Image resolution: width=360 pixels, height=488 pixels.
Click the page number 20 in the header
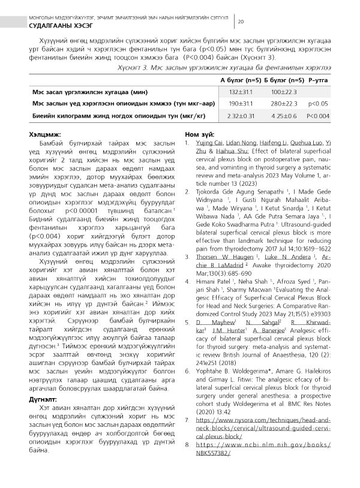[241, 22]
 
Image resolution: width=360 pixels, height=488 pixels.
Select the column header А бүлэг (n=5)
[238, 80]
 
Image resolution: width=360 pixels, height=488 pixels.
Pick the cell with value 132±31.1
[238, 92]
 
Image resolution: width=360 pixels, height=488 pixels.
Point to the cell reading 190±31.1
[238, 104]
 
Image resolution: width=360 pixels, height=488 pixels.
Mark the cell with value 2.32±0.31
[238, 116]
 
